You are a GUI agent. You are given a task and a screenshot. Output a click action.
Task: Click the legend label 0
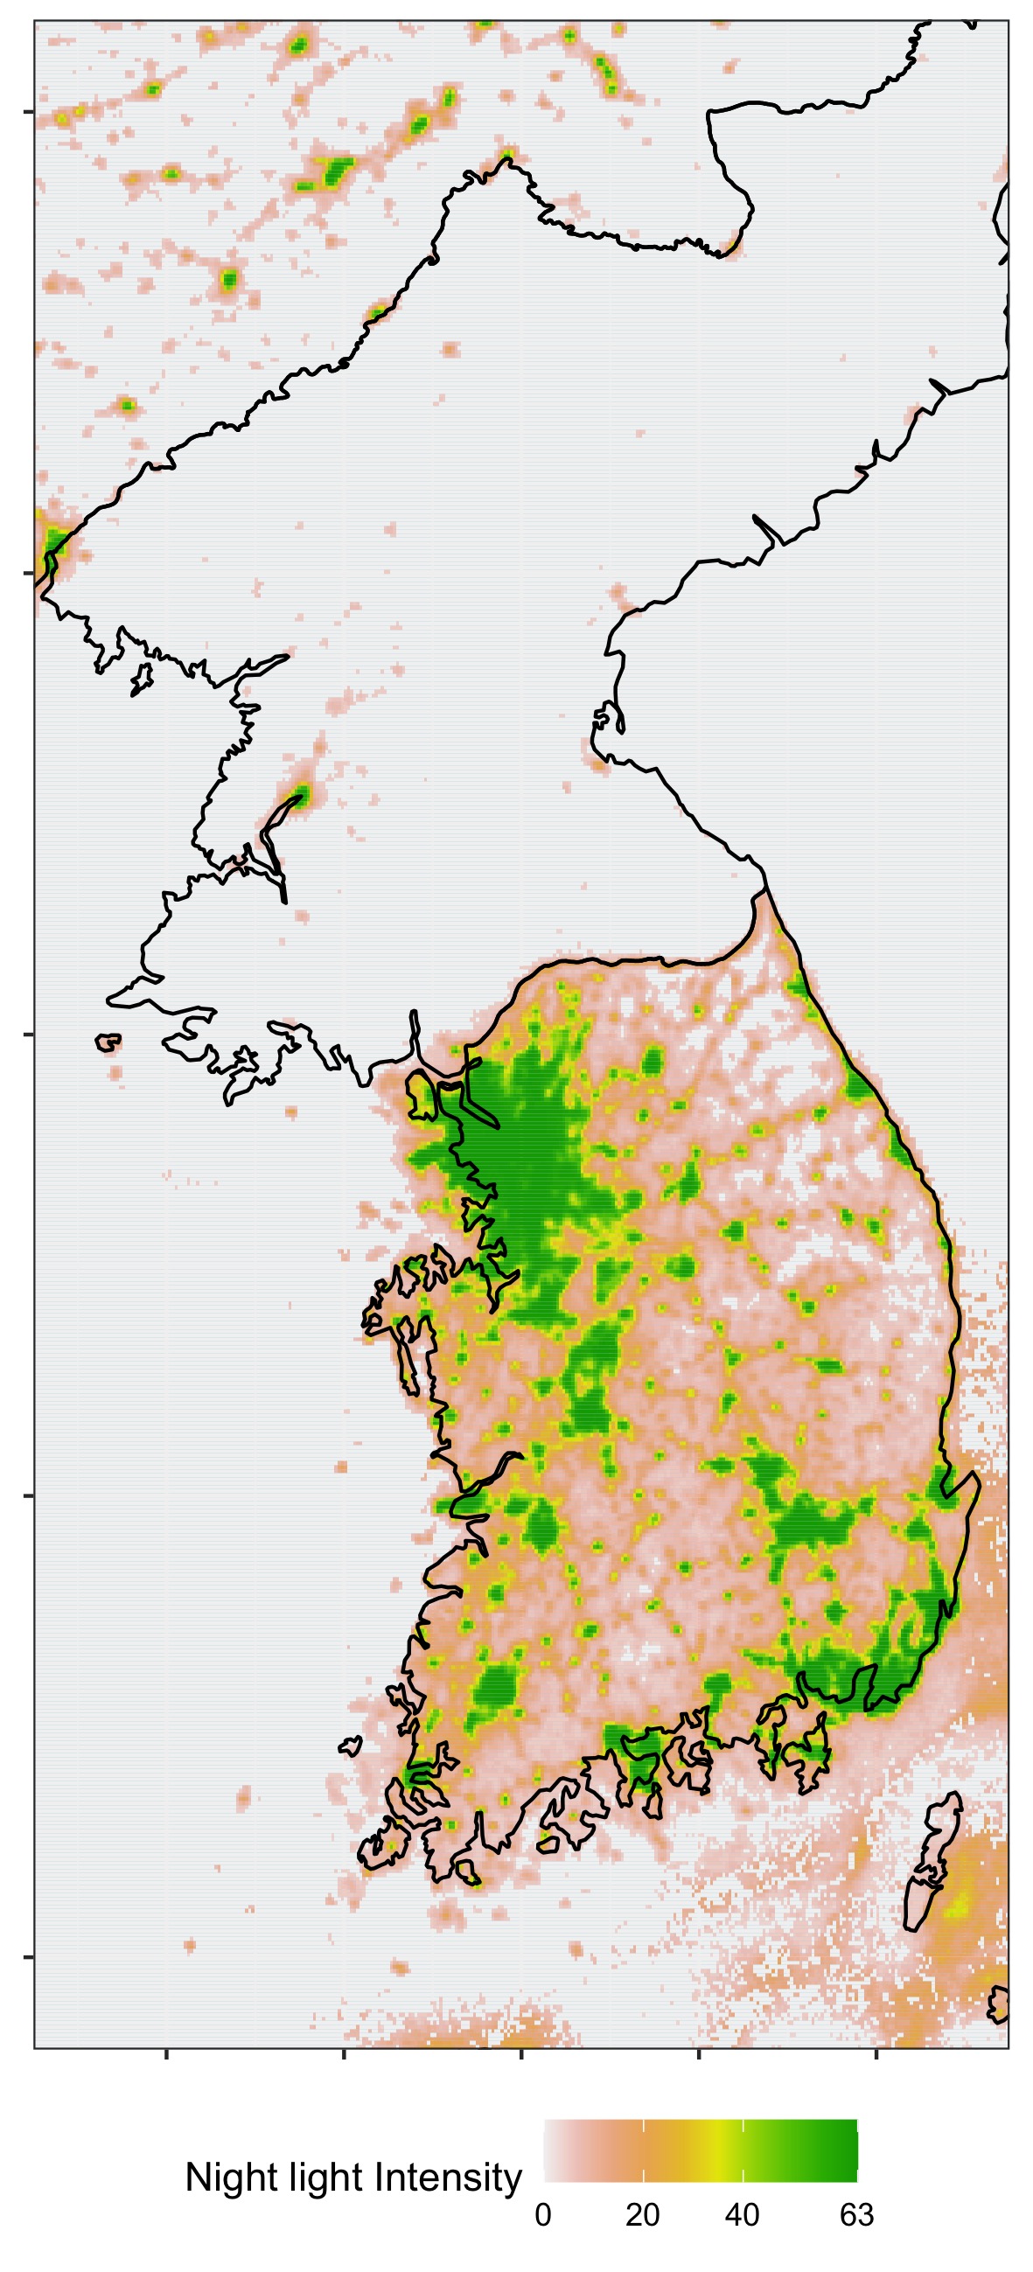pos(542,2214)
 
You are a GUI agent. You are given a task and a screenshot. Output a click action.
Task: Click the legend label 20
pos(642,2214)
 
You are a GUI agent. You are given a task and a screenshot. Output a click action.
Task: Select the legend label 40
pos(742,2214)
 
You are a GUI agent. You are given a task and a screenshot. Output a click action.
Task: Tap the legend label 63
pos(856,2214)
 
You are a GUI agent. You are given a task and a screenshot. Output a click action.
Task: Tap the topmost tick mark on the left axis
pos(28,112)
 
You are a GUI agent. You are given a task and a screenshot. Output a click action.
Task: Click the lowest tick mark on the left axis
pos(28,1957)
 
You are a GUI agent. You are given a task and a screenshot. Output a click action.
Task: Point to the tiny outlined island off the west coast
pos(108,1043)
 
